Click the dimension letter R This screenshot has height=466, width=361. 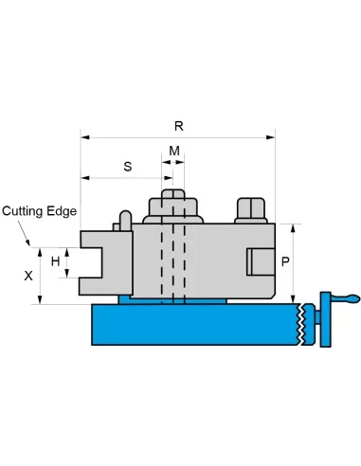pyautogui.click(x=179, y=126)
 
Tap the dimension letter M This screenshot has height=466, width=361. pyautogui.click(x=174, y=151)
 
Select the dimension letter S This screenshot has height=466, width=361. pyautogui.click(x=128, y=167)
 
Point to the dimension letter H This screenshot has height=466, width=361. pyautogui.click(x=56, y=261)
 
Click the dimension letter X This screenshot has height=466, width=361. pyautogui.click(x=28, y=276)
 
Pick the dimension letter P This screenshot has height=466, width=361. pyautogui.click(x=285, y=261)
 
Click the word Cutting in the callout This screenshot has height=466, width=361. pyautogui.click(x=22, y=211)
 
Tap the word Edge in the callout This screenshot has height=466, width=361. pyautogui.click(x=62, y=211)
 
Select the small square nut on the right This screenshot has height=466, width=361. pyautogui.click(x=251, y=209)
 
